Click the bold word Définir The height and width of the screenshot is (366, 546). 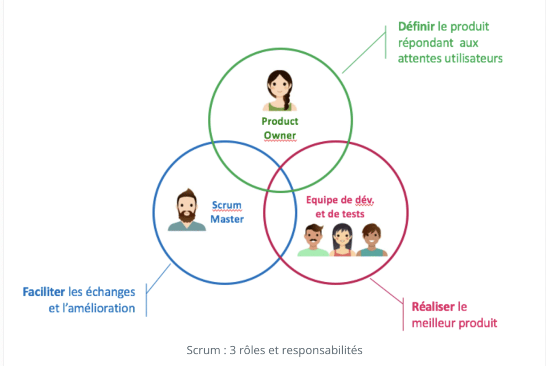click(416, 26)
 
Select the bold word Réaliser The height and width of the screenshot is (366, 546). click(433, 307)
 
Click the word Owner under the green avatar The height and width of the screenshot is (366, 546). click(280, 135)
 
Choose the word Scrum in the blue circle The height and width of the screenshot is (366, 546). click(227, 205)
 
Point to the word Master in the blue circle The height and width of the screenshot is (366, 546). click(227, 219)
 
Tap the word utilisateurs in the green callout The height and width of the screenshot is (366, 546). click(473, 59)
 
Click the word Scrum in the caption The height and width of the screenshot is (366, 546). click(202, 351)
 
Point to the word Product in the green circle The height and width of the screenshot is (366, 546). click(280, 121)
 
